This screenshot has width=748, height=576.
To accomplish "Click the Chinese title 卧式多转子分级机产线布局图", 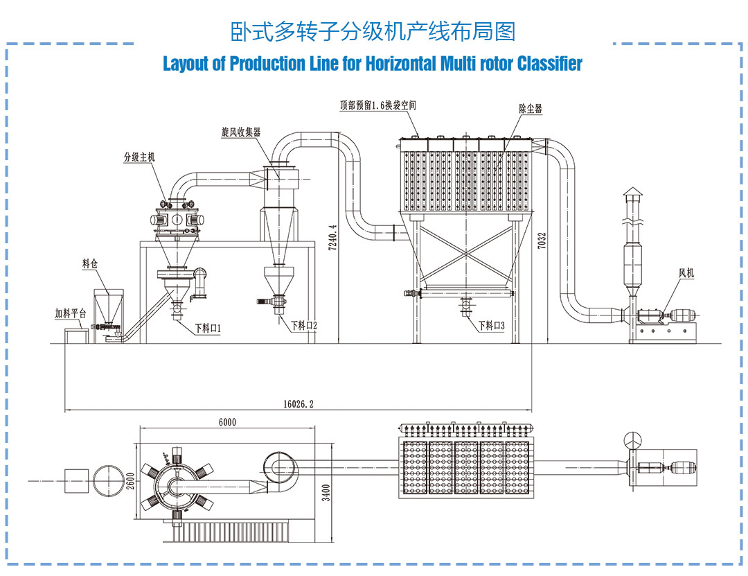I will [373, 31].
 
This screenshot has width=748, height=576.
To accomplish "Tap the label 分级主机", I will [139, 157].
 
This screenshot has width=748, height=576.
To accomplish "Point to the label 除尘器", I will [531, 109].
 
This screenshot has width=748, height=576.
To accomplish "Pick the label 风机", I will [686, 274].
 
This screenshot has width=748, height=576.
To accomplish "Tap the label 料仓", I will [89, 263].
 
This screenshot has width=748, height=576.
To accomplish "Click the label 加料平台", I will [71, 313].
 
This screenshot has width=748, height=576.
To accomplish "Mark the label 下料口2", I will [304, 324].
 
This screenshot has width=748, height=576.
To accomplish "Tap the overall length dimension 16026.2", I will [299, 403].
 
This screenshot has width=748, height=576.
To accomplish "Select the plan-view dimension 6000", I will [226, 422].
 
